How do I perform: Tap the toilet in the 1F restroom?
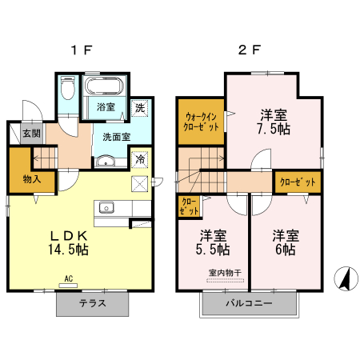66,89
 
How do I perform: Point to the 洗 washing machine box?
139,107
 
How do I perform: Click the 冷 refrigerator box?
140,159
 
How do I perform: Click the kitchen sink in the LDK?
106,208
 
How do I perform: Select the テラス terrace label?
92,304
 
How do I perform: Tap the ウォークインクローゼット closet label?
199,121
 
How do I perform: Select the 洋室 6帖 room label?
286,243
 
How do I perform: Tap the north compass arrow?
346,278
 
